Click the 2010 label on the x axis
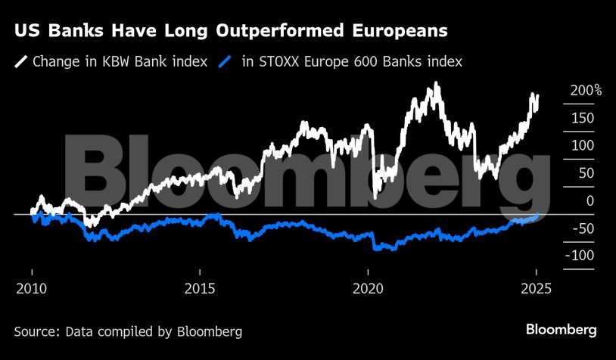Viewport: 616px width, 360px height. click(32, 288)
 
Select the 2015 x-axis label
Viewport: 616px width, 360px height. click(200, 288)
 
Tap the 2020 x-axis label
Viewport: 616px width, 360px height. click(368, 288)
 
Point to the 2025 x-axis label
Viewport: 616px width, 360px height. click(535, 288)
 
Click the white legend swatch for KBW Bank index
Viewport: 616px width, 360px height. click(20, 61)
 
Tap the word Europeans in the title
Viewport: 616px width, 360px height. click(395, 32)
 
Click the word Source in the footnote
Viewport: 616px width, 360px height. click(36, 331)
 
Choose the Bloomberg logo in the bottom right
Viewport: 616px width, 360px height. click(562, 330)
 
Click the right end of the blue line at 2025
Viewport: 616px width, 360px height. click(537, 215)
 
